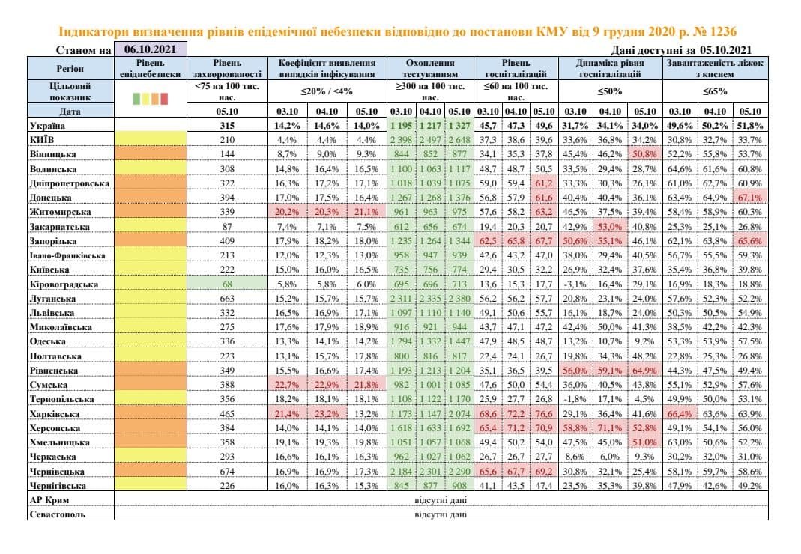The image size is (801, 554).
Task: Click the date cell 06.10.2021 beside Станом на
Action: pyautogui.click(x=149, y=50)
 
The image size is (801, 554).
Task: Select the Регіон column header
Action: pyautogui.click(x=70, y=68)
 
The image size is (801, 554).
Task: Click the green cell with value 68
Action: pyautogui.click(x=227, y=284)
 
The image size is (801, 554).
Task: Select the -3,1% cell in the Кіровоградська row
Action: pyautogui.click(x=575, y=284)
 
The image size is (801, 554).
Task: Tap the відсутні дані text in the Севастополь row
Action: pyautogui.click(x=441, y=514)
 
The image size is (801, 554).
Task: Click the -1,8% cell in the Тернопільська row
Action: pyautogui.click(x=575, y=399)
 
